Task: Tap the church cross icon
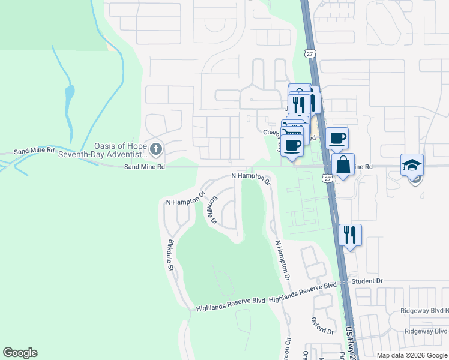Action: pos(156,148)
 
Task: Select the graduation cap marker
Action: pos(412,165)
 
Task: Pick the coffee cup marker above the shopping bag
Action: pos(337,139)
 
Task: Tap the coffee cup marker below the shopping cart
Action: pos(292,146)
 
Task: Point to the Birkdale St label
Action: pos(170,255)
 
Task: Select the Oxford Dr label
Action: pos(322,326)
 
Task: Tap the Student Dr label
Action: pos(367,281)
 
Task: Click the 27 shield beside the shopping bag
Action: pos(327,178)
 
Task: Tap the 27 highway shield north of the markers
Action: pos(309,53)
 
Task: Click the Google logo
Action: pos(20,353)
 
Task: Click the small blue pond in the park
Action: pos(70,94)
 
